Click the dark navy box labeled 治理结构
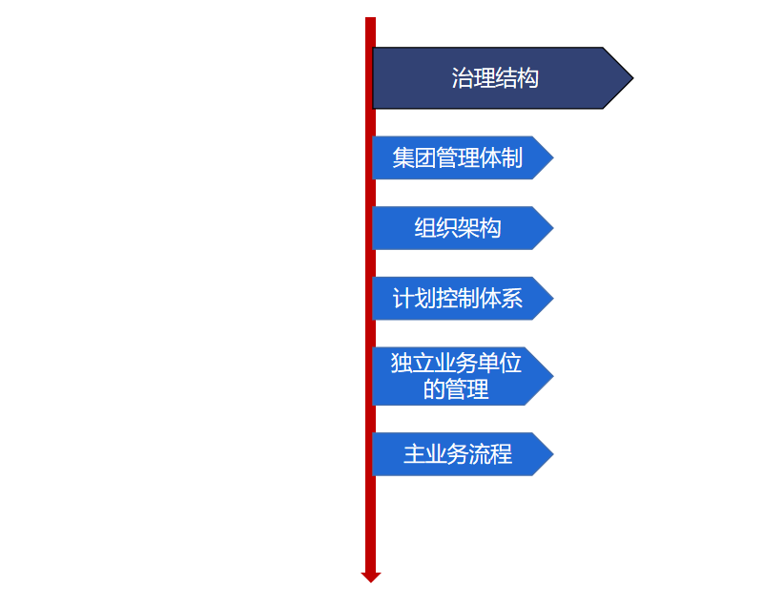click(495, 78)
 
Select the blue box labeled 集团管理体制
click(458, 157)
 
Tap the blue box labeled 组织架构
click(458, 228)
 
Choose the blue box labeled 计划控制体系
click(458, 299)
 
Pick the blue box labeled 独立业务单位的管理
click(458, 376)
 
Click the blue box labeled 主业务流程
click(458, 454)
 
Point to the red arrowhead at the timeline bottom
click(371, 576)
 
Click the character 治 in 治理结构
click(463, 78)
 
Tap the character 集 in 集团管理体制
click(403, 157)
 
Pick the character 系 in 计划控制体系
click(512, 299)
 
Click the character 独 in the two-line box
click(402, 364)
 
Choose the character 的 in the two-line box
click(434, 389)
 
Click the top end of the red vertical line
click(371, 20)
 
